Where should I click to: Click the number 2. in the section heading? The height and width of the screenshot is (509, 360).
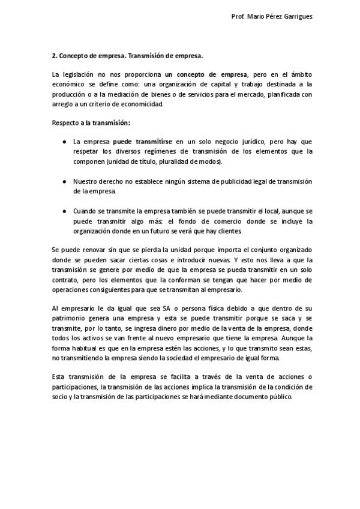pos(54,56)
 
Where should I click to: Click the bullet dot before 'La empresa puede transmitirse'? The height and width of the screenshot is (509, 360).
pos(64,142)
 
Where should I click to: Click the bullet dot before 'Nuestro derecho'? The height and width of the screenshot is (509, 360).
pos(64,181)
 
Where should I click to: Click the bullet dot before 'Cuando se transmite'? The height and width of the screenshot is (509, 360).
pos(64,211)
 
